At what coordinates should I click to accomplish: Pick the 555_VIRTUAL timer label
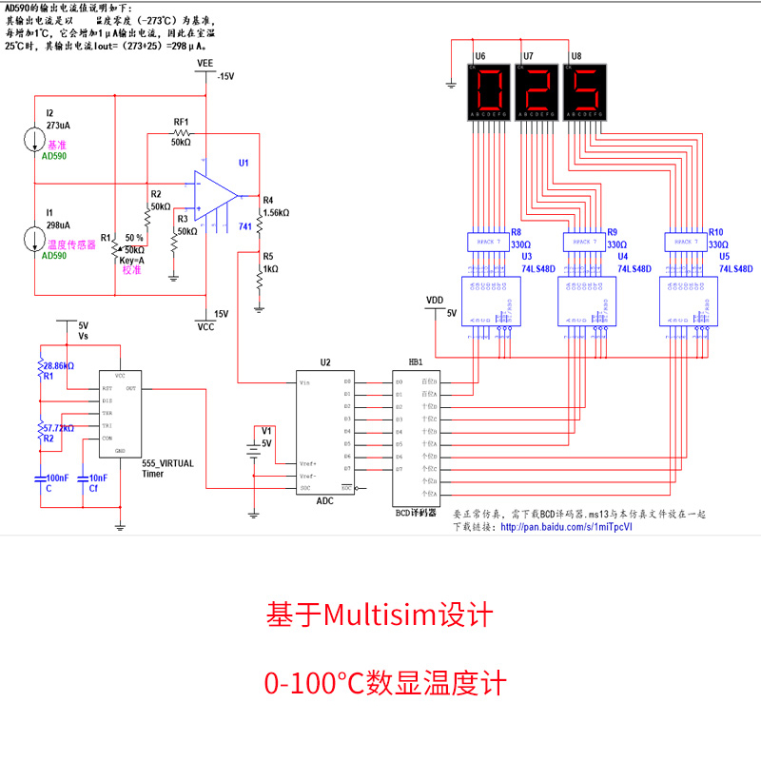click(167, 463)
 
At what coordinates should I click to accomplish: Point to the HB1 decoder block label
click(415, 362)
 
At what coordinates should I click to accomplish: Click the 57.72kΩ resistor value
click(56, 428)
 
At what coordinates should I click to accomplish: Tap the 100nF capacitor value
click(57, 478)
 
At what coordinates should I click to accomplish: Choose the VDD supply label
click(435, 300)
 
